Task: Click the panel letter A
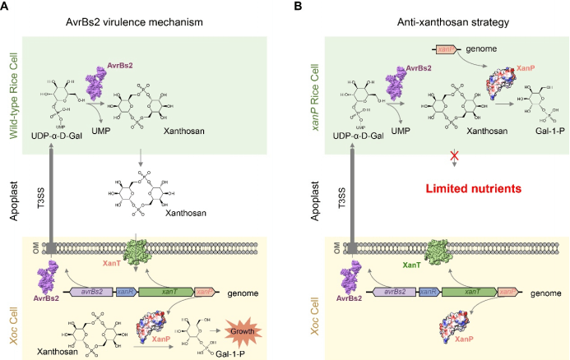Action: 7,7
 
